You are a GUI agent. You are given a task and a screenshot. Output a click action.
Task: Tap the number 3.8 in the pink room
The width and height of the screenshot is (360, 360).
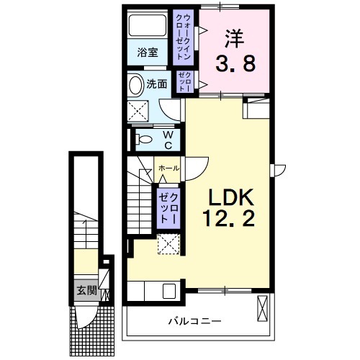coord(234,66)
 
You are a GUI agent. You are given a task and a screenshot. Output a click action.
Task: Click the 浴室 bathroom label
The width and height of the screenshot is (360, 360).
coord(147,52)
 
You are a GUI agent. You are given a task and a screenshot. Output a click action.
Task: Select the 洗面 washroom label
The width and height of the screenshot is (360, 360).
coord(157,84)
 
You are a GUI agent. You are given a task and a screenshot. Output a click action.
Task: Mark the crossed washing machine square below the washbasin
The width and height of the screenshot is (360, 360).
coord(138,111)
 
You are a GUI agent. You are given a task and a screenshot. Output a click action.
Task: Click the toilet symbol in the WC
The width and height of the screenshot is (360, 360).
coord(143,138)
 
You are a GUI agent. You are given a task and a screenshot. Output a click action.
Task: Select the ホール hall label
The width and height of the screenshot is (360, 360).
coord(168,168)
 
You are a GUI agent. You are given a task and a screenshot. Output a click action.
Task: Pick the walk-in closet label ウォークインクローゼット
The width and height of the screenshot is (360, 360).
coord(183,37)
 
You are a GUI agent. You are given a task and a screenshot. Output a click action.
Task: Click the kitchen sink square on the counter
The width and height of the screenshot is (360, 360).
coord(170,291)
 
